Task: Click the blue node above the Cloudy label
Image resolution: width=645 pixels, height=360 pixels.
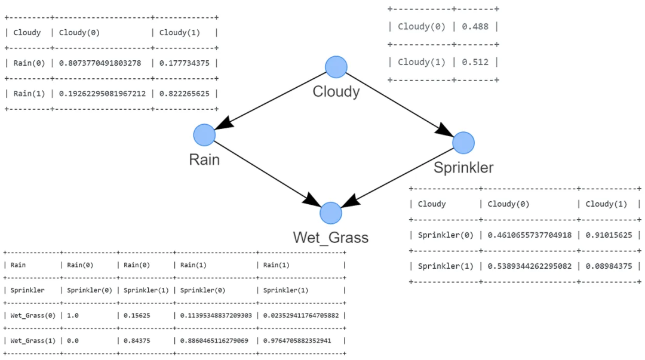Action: click(x=336, y=66)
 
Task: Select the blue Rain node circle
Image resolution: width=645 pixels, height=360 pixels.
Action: click(x=204, y=135)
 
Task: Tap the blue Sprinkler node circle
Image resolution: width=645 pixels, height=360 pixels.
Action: click(x=463, y=143)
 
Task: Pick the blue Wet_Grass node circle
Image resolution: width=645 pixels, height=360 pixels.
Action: click(x=330, y=213)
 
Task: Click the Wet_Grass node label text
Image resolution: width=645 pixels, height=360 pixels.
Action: click(x=330, y=238)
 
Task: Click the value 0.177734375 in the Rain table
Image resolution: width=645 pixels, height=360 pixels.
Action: click(x=185, y=63)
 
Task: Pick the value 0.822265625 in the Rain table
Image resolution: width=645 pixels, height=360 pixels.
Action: click(x=185, y=93)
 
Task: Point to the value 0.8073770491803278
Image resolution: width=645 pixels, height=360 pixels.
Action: click(x=100, y=63)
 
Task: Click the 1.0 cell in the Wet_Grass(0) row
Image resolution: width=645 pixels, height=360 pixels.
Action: click(x=72, y=315)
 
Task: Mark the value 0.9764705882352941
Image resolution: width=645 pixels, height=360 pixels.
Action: click(x=300, y=340)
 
